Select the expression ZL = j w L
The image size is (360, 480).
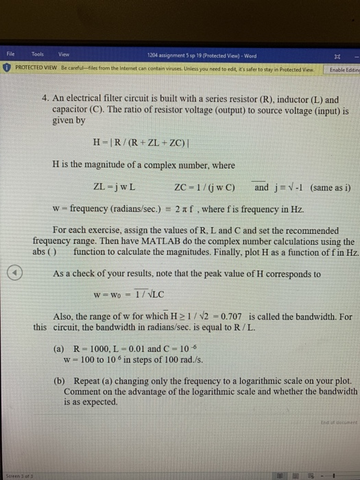114,187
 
